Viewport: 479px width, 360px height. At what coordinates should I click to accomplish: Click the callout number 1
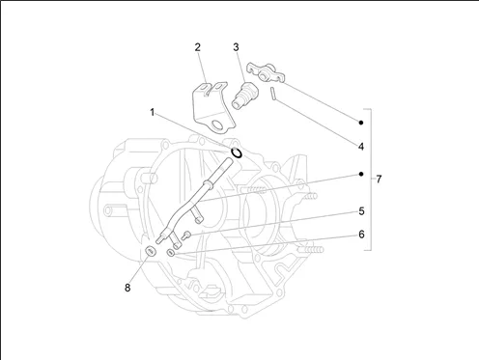pyautogui.click(x=153, y=113)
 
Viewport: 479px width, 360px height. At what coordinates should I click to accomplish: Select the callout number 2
pyautogui.click(x=197, y=47)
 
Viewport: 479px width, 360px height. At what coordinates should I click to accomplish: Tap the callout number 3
pyautogui.click(x=236, y=47)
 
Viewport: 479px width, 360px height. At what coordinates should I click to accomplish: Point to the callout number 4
pyautogui.click(x=361, y=147)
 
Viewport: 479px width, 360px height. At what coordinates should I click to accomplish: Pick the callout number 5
pyautogui.click(x=361, y=211)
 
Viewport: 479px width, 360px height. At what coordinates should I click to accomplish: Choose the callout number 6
pyautogui.click(x=361, y=235)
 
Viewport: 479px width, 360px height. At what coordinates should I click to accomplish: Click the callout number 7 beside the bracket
pyautogui.click(x=379, y=180)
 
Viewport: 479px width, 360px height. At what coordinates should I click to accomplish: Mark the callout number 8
pyautogui.click(x=127, y=288)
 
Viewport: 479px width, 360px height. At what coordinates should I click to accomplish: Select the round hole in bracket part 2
pyautogui.click(x=217, y=125)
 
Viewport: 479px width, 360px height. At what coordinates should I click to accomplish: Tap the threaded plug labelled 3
pyautogui.click(x=244, y=95)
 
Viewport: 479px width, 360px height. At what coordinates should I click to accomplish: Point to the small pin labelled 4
pyautogui.click(x=272, y=94)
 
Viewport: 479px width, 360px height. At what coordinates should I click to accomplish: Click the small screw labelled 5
pyautogui.click(x=186, y=235)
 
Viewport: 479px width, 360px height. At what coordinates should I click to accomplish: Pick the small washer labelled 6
pyautogui.click(x=171, y=253)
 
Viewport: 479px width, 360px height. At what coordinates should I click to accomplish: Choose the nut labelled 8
pyautogui.click(x=151, y=251)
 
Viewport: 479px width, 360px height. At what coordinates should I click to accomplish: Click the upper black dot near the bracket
pyautogui.click(x=361, y=123)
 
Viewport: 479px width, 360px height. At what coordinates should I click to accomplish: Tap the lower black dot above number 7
pyautogui.click(x=361, y=174)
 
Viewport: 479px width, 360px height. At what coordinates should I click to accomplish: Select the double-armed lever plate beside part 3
pyautogui.click(x=266, y=72)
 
